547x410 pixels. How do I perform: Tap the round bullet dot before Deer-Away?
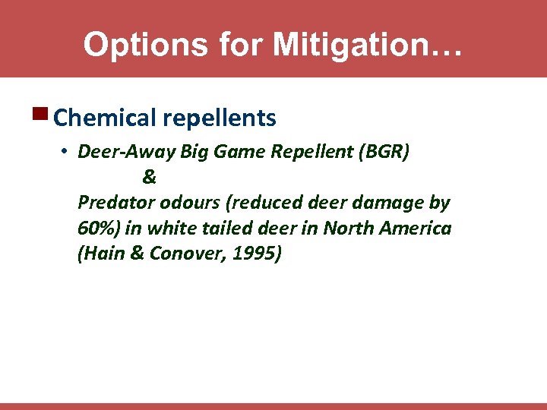(66, 153)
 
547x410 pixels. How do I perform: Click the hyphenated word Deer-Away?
(126, 153)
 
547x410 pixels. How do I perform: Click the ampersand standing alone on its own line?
(149, 178)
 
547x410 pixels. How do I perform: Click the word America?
(415, 228)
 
